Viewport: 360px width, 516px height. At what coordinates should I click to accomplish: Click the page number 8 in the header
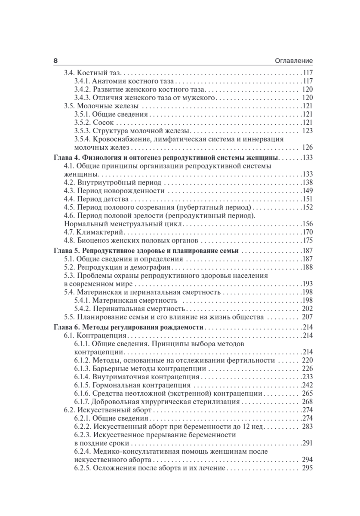(55, 61)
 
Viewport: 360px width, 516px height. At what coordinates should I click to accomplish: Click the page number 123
(307, 131)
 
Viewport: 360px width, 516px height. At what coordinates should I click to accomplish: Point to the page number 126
(307, 147)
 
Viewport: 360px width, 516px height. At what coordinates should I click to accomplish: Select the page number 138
(307, 182)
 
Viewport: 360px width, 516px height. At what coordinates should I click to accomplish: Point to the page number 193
(307, 284)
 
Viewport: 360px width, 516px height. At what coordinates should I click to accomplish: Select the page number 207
(307, 318)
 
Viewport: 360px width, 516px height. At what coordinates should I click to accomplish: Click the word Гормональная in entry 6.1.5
(114, 385)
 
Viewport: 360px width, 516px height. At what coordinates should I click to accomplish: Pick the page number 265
(307, 393)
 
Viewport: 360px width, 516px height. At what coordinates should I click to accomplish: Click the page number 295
(307, 468)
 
